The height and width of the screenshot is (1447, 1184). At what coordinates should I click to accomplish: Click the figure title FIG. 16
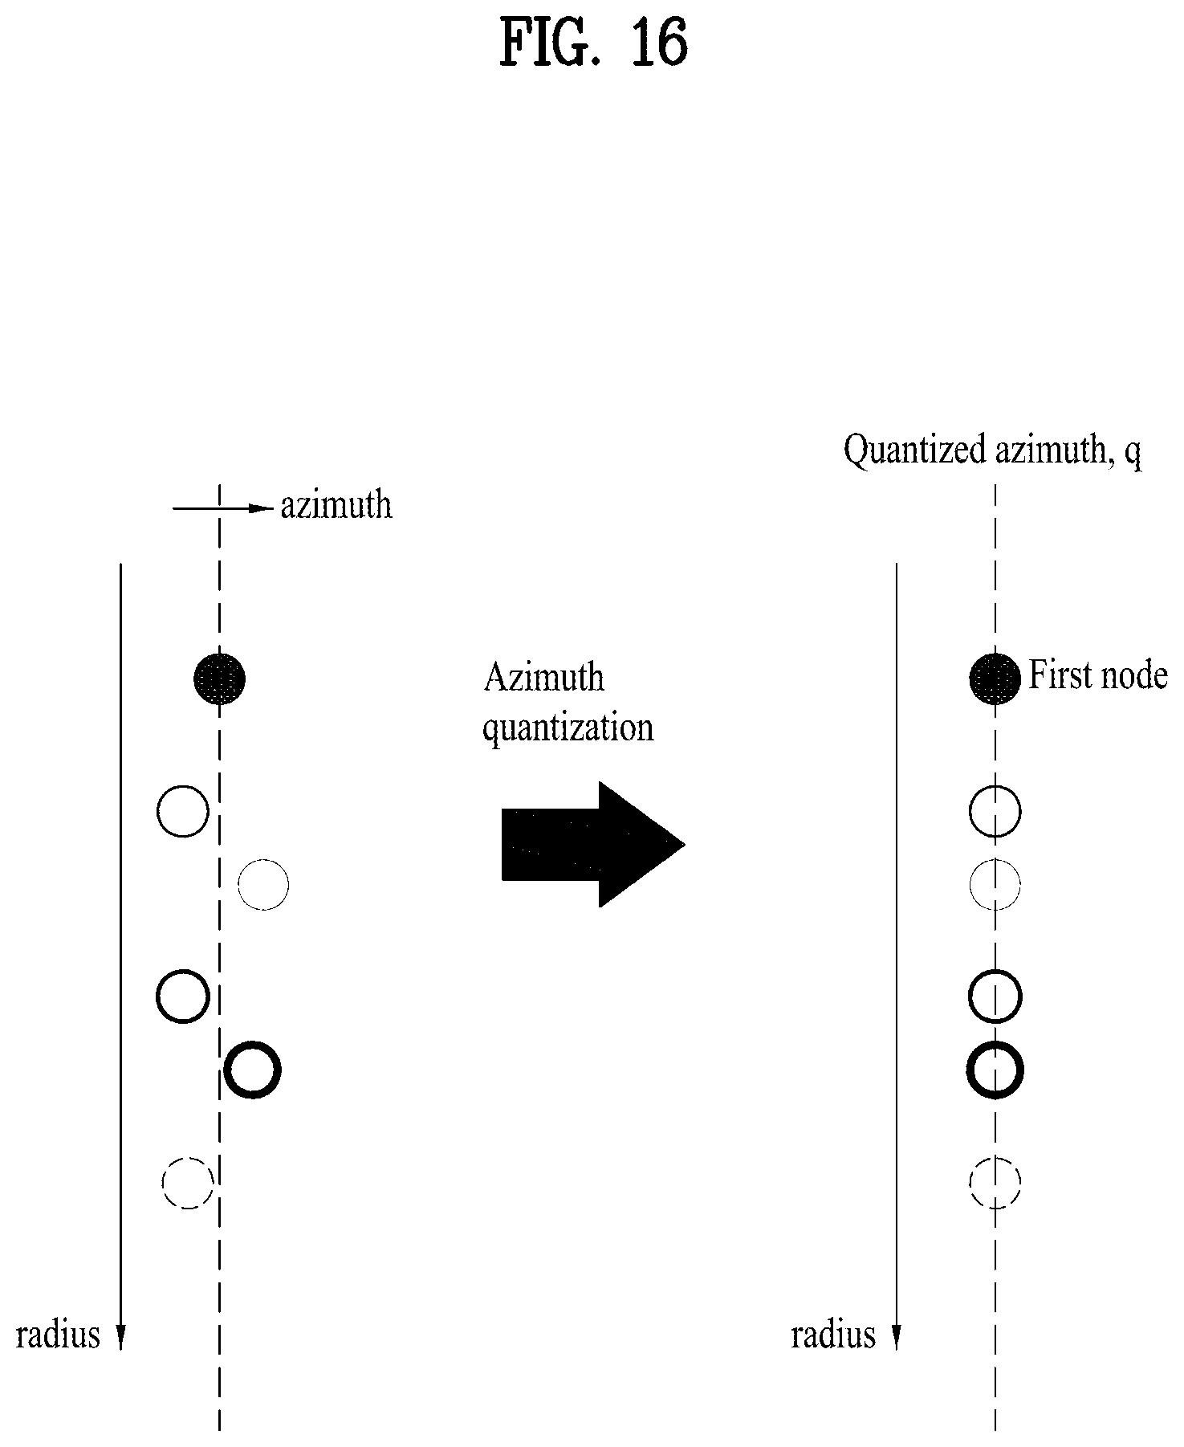(593, 43)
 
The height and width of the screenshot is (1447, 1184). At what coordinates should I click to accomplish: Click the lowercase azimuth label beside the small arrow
(336, 506)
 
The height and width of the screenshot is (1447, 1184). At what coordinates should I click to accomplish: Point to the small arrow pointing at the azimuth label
(223, 508)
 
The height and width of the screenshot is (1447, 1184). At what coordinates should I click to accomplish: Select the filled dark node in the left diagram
(219, 679)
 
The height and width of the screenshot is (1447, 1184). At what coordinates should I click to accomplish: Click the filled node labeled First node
(995, 679)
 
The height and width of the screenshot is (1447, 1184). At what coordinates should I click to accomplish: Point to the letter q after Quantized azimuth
(1133, 454)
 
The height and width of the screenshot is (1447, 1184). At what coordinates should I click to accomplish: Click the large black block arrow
(592, 845)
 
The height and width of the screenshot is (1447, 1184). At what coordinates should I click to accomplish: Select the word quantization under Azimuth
(568, 728)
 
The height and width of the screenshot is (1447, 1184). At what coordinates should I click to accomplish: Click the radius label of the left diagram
(59, 1335)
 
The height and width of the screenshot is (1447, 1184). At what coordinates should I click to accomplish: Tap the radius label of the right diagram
(833, 1335)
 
